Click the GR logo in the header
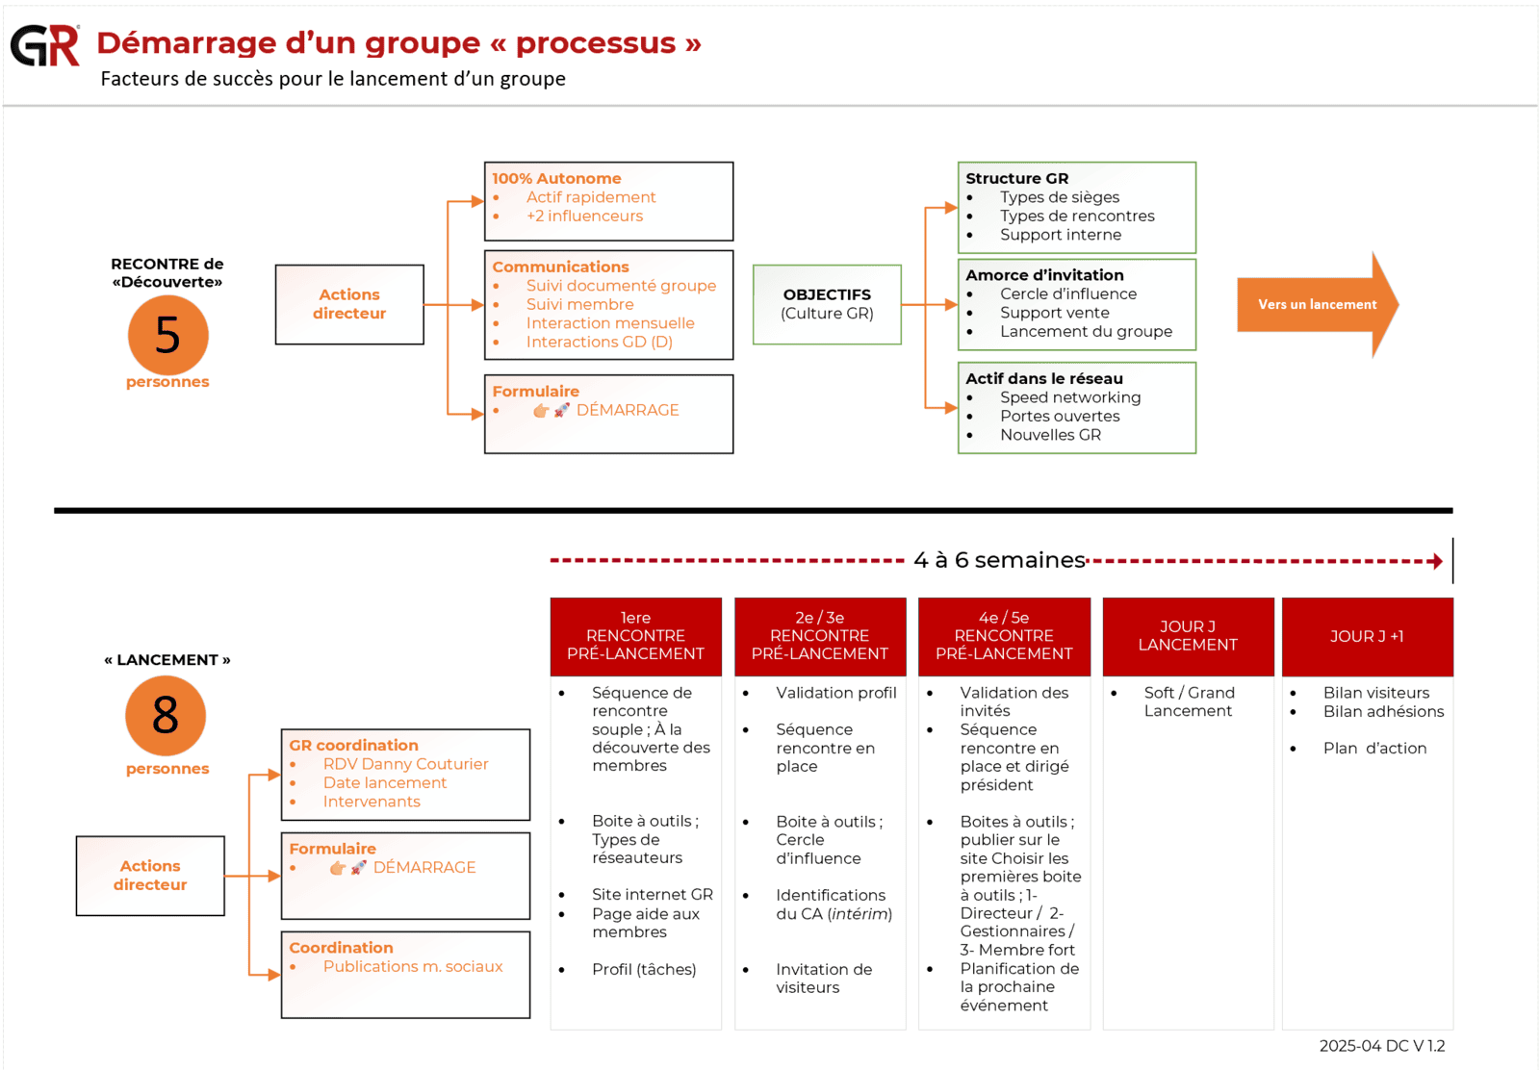44,45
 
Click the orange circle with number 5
167,335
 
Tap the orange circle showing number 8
166,715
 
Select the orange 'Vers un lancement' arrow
1317,305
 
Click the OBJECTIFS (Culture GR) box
827,304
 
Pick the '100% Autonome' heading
556,178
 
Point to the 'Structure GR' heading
1016,178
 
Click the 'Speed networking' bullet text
1069,397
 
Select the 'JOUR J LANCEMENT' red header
1188,636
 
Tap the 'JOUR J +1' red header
1367,636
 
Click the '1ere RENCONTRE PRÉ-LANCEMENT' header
635,636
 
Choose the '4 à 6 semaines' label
999,560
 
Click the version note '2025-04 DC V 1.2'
1381,1046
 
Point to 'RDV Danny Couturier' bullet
405,764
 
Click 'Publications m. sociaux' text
413,966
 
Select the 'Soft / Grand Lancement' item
1189,701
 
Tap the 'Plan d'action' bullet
1374,749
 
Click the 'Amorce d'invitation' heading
1044,275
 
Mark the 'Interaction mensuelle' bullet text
609,323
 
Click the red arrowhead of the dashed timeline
1437,561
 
